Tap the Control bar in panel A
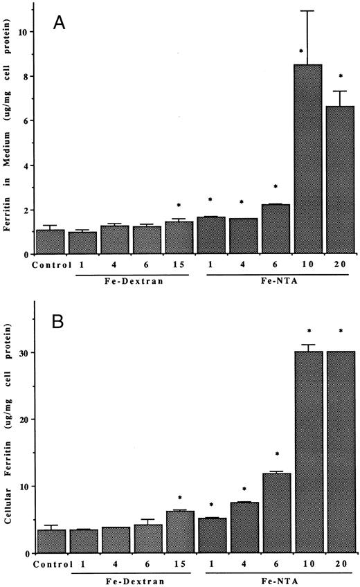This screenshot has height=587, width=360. [50, 242]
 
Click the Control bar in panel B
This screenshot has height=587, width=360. [50, 541]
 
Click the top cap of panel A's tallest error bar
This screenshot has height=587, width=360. [305, 11]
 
